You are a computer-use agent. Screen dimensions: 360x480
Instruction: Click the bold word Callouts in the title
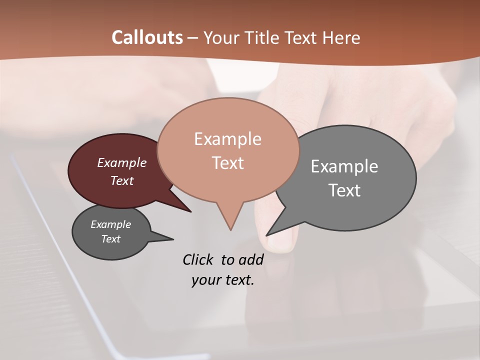[147, 37]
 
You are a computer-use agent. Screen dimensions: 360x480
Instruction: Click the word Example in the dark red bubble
[122, 162]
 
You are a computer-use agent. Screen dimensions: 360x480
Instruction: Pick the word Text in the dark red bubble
[122, 180]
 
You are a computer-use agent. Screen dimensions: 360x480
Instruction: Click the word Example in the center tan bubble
[227, 139]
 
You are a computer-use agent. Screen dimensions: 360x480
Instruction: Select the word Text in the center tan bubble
[227, 163]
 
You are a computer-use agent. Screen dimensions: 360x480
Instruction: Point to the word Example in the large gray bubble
[344, 166]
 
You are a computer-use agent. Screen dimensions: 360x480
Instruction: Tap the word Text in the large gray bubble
[344, 190]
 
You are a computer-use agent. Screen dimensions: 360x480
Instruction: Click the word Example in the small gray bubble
[111, 224]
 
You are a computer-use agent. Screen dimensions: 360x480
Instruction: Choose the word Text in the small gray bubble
[111, 239]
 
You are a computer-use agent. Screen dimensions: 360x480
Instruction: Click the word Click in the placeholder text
[198, 259]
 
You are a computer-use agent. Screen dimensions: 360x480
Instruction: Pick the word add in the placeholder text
[251, 259]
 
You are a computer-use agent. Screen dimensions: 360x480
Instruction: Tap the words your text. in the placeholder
[223, 280]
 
